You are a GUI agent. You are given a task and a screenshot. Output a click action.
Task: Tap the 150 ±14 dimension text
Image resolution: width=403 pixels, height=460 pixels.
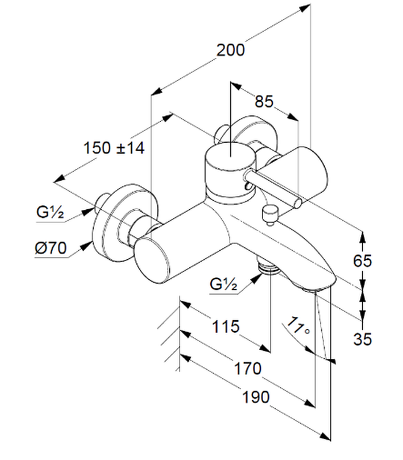coord(113,148)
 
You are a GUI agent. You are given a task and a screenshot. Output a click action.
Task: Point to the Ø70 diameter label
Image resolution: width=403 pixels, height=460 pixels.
coord(51,249)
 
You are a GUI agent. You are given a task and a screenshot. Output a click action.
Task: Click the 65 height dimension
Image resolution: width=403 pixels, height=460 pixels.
coord(362,261)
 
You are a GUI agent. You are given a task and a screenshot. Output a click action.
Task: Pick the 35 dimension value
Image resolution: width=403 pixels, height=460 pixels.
coord(362,339)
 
